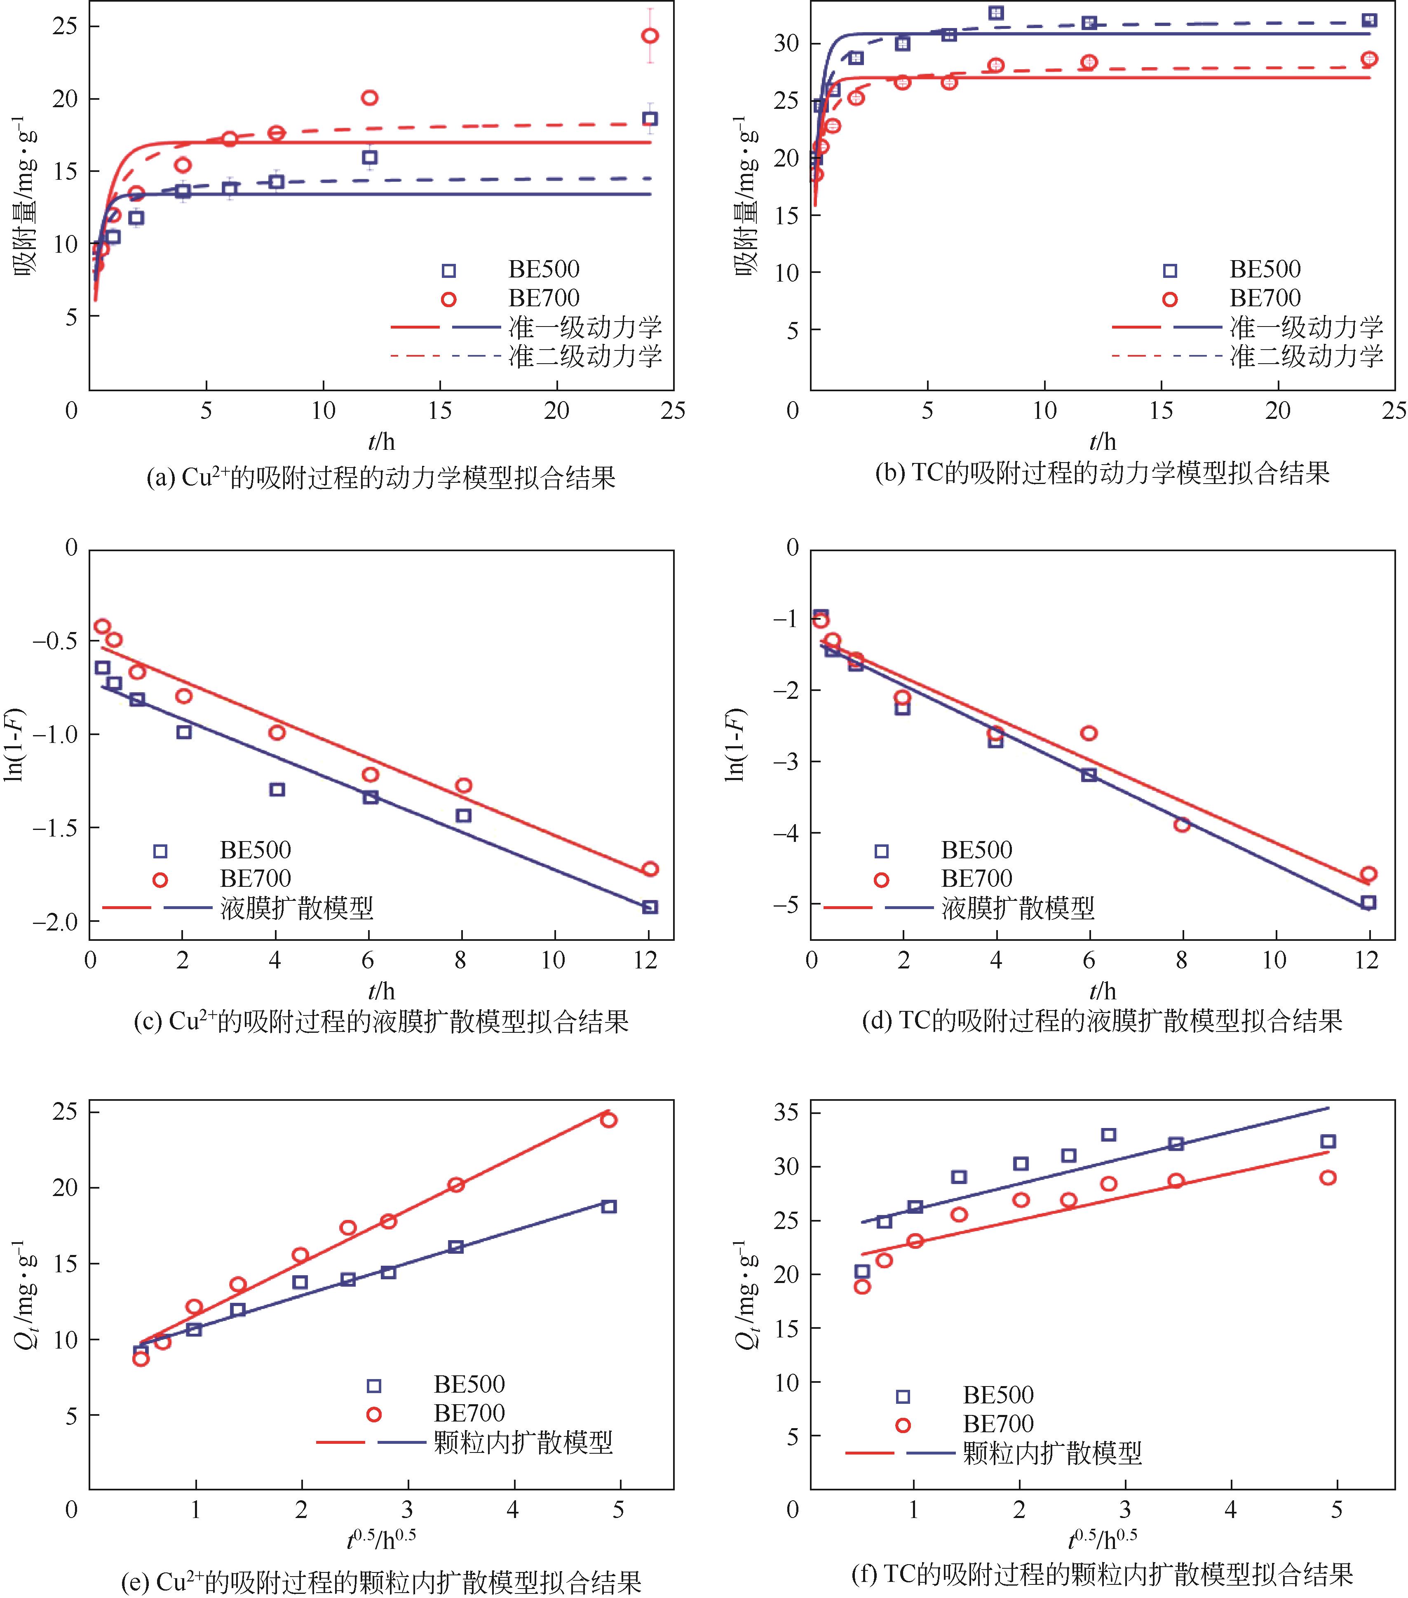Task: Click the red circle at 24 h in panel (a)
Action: pos(650,36)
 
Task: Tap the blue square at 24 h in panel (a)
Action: pos(650,119)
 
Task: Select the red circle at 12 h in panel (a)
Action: pos(370,98)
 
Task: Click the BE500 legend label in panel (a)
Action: pos(544,270)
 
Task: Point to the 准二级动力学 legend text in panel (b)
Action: pos(1306,357)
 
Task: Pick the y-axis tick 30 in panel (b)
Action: pos(786,44)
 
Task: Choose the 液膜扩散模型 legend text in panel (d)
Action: pos(1018,908)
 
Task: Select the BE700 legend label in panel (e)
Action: pos(469,1413)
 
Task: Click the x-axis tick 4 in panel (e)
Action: pos(513,1509)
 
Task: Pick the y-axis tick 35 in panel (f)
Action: pos(786,1112)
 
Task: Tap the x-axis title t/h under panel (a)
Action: pos(382,442)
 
